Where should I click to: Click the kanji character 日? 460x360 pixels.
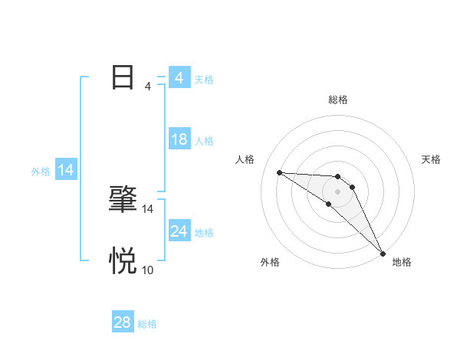123,77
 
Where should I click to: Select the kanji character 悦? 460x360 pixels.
123,260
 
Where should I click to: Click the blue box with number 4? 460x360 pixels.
179,78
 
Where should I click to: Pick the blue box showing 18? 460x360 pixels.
179,139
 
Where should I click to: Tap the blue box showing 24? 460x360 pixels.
179,231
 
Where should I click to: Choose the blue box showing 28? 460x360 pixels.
122,322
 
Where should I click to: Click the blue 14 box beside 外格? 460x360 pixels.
66,170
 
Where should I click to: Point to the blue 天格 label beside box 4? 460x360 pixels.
204,80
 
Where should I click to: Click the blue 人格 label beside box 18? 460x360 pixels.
204,141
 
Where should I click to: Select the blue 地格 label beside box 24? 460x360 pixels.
204,233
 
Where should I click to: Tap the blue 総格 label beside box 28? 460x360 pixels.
147,325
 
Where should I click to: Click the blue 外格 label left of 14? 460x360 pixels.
41,172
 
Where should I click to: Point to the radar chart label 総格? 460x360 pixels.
337,100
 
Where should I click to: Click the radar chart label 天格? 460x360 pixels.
432,159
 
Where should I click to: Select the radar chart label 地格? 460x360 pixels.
402,262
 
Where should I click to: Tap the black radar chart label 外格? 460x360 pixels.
270,262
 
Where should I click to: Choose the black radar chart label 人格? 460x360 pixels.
245,159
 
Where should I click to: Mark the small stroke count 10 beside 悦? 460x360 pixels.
148,270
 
